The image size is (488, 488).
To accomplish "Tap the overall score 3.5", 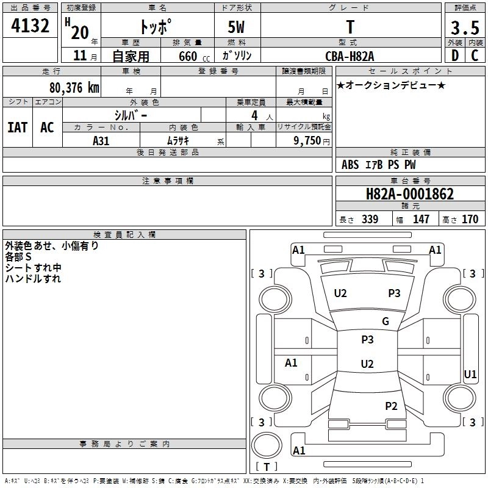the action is click(464, 27).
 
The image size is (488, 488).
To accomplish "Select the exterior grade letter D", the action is click(454, 55).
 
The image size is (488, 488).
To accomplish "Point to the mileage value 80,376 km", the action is click(74, 87).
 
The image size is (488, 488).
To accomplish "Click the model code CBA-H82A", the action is click(350, 56).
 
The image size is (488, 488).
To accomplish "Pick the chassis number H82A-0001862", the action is click(410, 195).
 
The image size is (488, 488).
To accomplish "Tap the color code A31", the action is click(101, 140).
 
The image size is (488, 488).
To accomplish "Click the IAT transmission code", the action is click(17, 127).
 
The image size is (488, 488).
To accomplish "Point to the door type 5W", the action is click(237, 27).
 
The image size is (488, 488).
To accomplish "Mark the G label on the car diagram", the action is click(386, 321).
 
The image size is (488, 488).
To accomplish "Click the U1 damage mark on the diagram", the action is click(470, 374).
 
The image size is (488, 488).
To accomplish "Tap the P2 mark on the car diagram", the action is click(391, 406).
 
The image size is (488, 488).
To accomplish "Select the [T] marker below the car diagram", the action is click(266, 467).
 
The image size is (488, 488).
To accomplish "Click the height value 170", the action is click(470, 220).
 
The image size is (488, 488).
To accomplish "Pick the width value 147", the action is click(421, 220).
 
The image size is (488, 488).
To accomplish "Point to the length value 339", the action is click(370, 220).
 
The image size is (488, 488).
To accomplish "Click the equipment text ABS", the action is click(350, 165).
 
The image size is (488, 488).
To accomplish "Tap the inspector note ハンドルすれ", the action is click(33, 279).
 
